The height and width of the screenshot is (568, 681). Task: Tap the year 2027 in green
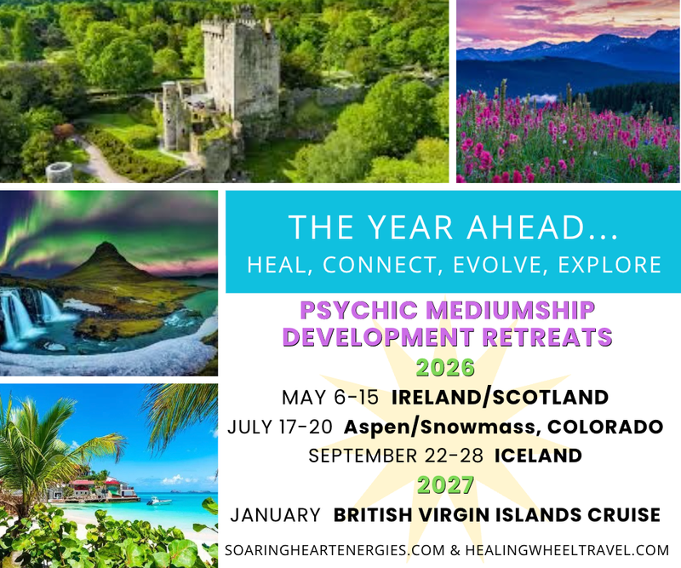click(446, 485)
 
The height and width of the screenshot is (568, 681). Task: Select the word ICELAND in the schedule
click(536, 456)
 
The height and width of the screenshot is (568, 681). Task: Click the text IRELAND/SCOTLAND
click(501, 397)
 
